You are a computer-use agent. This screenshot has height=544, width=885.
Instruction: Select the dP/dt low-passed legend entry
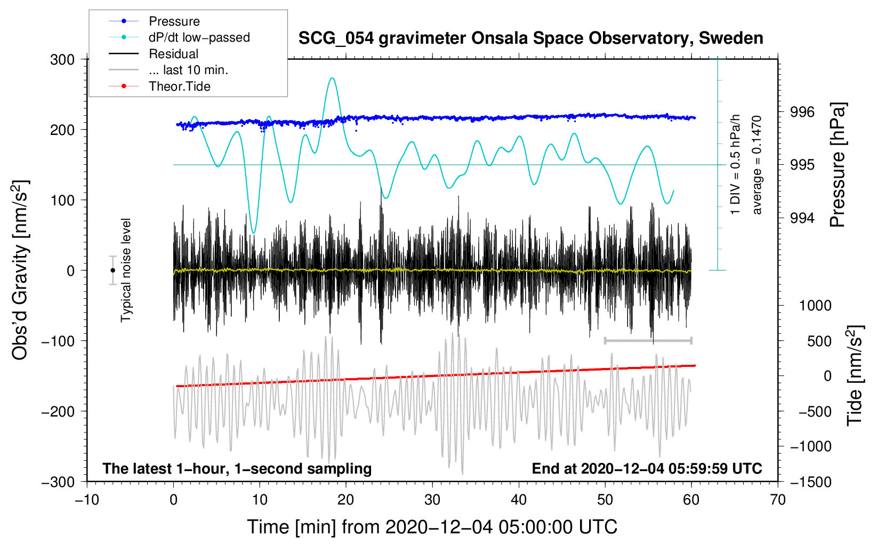(x=199, y=37)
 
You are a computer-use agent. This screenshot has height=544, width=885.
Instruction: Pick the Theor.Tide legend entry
(x=179, y=86)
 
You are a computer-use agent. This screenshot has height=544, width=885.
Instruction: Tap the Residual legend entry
(x=173, y=54)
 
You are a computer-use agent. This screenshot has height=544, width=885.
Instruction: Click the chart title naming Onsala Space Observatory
(x=530, y=38)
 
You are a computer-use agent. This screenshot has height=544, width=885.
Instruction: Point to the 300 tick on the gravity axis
(x=62, y=60)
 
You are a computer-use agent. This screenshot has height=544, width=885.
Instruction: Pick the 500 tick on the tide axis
(x=819, y=341)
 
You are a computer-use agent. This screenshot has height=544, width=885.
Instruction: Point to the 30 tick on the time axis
(x=432, y=500)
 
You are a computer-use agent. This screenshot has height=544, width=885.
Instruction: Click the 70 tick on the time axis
(x=778, y=500)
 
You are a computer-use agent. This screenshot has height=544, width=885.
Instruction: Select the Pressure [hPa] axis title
(x=838, y=165)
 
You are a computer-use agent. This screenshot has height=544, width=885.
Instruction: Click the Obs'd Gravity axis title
(x=20, y=270)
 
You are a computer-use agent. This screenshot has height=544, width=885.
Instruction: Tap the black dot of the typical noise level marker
(x=112, y=270)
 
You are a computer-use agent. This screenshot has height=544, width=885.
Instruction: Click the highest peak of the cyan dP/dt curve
(x=332, y=78)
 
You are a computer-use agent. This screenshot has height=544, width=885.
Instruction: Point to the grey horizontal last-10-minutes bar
(x=648, y=340)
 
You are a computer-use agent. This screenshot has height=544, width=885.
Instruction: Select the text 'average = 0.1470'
(x=757, y=165)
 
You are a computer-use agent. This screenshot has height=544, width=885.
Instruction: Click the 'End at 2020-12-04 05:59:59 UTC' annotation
(x=647, y=469)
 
